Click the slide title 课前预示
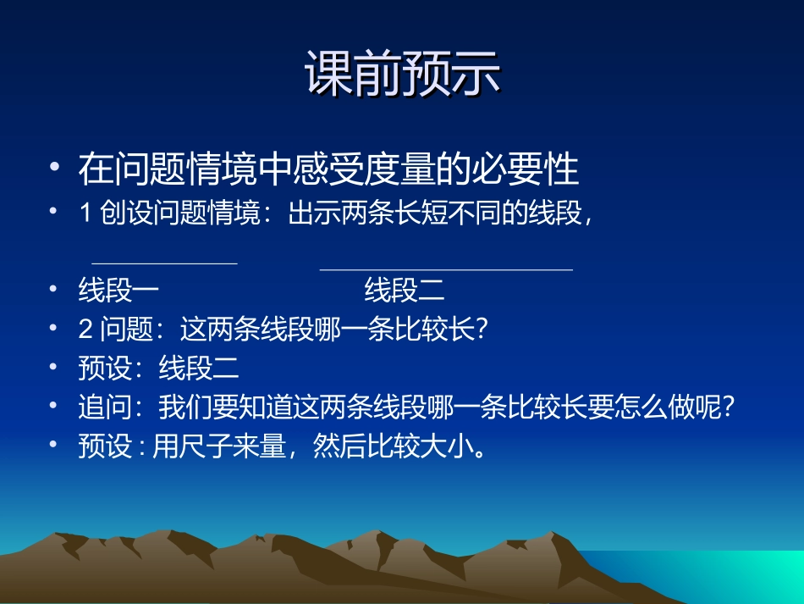(403, 75)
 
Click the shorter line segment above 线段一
(164, 263)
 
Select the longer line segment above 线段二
(446, 270)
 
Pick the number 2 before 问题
(85, 329)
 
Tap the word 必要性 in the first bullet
(537, 169)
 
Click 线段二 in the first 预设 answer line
(199, 368)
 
